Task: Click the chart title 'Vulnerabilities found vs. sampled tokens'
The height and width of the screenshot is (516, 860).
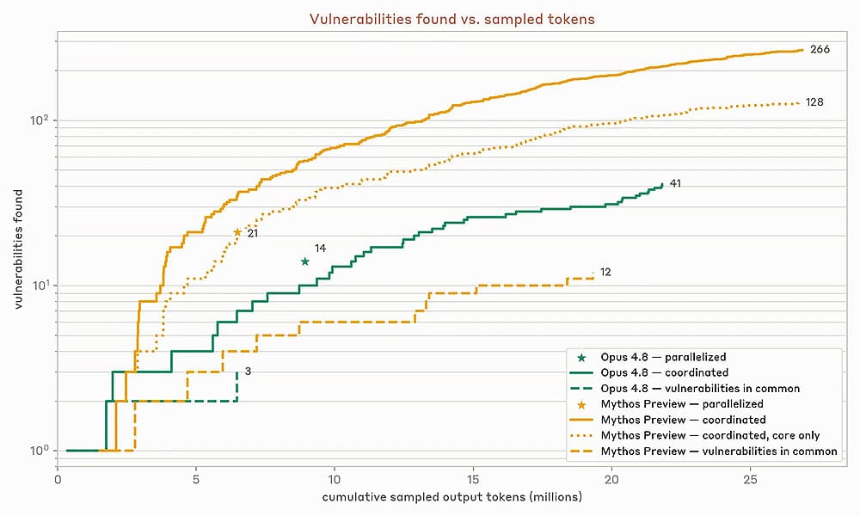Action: coord(452,19)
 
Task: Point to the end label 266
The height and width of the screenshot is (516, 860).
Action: coord(820,49)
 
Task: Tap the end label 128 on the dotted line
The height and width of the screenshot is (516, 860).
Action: coord(814,102)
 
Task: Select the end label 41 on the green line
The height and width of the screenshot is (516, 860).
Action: coord(675,184)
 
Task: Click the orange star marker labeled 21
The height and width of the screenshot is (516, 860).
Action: coord(237,232)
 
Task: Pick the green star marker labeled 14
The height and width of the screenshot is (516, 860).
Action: coord(305,261)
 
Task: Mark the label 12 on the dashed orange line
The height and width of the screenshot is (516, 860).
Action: coord(605,272)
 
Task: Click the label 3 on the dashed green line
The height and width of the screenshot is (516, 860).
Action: coord(248,372)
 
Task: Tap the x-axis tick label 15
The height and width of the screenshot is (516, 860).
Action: coord(473,479)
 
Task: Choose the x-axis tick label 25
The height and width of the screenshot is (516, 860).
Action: coord(750,479)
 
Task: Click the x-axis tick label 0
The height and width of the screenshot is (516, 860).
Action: coord(58,479)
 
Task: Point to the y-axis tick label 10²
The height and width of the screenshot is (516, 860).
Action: coord(40,119)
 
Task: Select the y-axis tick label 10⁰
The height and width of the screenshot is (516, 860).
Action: coord(40,450)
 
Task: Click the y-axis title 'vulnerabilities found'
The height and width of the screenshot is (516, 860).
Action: coord(19,249)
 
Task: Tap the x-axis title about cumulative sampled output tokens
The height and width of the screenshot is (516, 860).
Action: coord(452,497)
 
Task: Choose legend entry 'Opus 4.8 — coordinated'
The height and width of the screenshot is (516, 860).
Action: coord(664,372)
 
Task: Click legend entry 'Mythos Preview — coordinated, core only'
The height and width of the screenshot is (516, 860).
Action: coord(710,435)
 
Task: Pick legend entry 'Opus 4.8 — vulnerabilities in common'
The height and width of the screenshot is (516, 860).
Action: coord(700,388)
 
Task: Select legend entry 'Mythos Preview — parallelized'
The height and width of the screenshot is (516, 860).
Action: coord(682,404)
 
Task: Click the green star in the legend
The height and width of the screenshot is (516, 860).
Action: coord(581,358)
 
